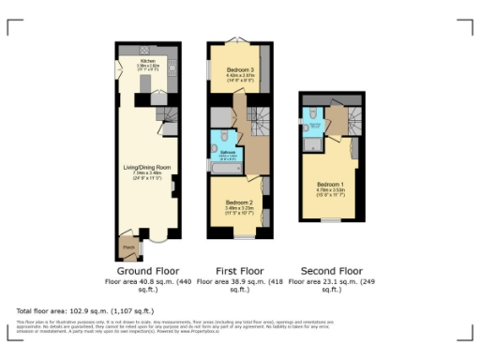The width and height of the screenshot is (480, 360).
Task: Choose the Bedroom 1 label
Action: [330, 183]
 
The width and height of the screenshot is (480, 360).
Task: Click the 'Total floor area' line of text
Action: [85, 309]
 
